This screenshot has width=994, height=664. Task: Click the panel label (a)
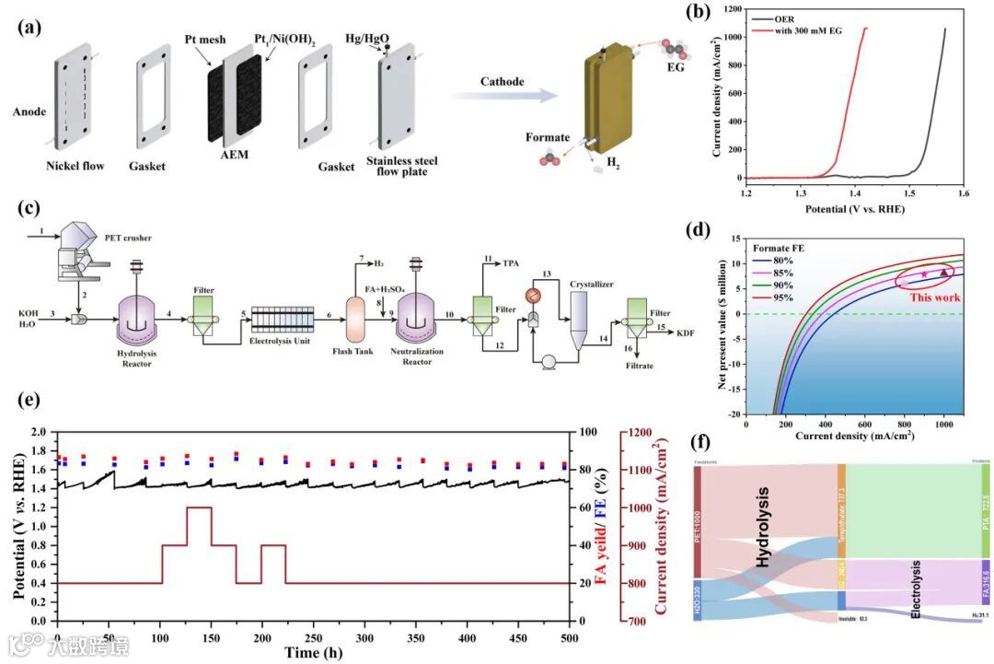pyautogui.click(x=29, y=26)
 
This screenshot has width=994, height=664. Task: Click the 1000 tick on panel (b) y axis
pyautogui.click(x=729, y=38)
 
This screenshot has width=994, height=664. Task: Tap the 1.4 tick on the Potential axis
pyautogui.click(x=855, y=194)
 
